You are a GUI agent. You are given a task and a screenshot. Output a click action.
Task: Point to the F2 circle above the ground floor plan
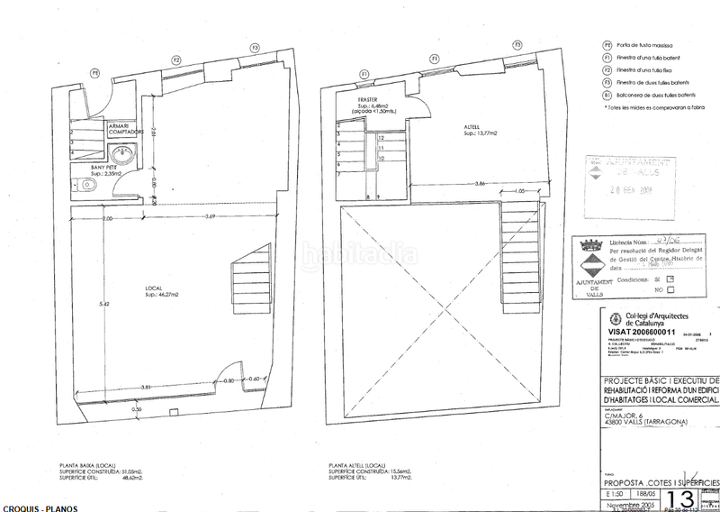[x=176, y=59]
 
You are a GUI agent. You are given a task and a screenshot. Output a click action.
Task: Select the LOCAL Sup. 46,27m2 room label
[x=165, y=292]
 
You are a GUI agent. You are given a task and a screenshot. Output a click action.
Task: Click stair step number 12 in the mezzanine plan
[x=382, y=139]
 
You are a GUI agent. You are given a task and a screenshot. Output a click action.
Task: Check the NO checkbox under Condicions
[x=670, y=290]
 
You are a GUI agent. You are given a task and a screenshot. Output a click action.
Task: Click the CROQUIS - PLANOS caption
[x=39, y=507]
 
